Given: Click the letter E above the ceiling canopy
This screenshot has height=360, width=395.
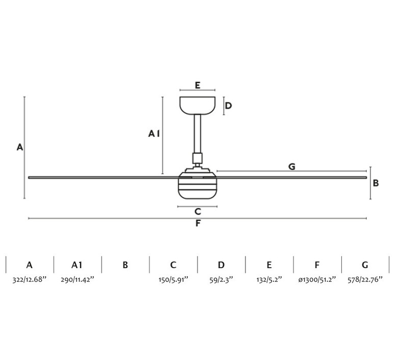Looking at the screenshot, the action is tap(197, 85).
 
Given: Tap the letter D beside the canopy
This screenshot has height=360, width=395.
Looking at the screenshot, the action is tap(228, 106).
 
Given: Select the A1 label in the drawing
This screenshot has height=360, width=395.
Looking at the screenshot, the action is tap(154, 133).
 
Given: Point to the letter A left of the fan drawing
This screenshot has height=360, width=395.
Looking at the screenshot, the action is tap(20, 147).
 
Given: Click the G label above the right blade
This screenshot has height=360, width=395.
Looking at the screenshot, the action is tap(292, 166).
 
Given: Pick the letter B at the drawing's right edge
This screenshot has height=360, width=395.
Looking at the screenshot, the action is tap(376, 183).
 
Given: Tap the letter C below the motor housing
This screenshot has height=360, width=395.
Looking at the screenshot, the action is tap(197, 211).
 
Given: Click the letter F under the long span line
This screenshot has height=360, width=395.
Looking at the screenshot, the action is tap(198, 223).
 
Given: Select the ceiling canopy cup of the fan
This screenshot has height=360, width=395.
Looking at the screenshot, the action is tap(197, 106).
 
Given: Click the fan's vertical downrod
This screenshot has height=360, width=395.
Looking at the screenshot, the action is tap(197, 134).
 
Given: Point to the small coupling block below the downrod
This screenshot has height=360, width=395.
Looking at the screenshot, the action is tap(197, 158).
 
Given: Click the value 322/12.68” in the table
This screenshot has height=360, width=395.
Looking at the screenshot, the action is tap(30, 280).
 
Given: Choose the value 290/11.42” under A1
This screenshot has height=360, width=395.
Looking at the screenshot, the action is tap(78, 280).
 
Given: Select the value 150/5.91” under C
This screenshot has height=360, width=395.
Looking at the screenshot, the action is tap(174, 280).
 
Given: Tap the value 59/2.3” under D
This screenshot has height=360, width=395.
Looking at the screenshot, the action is tap(221, 280).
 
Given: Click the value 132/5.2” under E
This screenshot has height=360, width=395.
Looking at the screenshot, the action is tap(269, 280).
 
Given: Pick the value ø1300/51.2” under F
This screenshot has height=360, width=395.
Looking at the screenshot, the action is tap(317, 280).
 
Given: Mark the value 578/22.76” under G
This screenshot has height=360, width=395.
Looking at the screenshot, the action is tap(365, 280).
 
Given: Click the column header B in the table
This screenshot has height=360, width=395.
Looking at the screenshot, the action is tap(125, 265).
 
